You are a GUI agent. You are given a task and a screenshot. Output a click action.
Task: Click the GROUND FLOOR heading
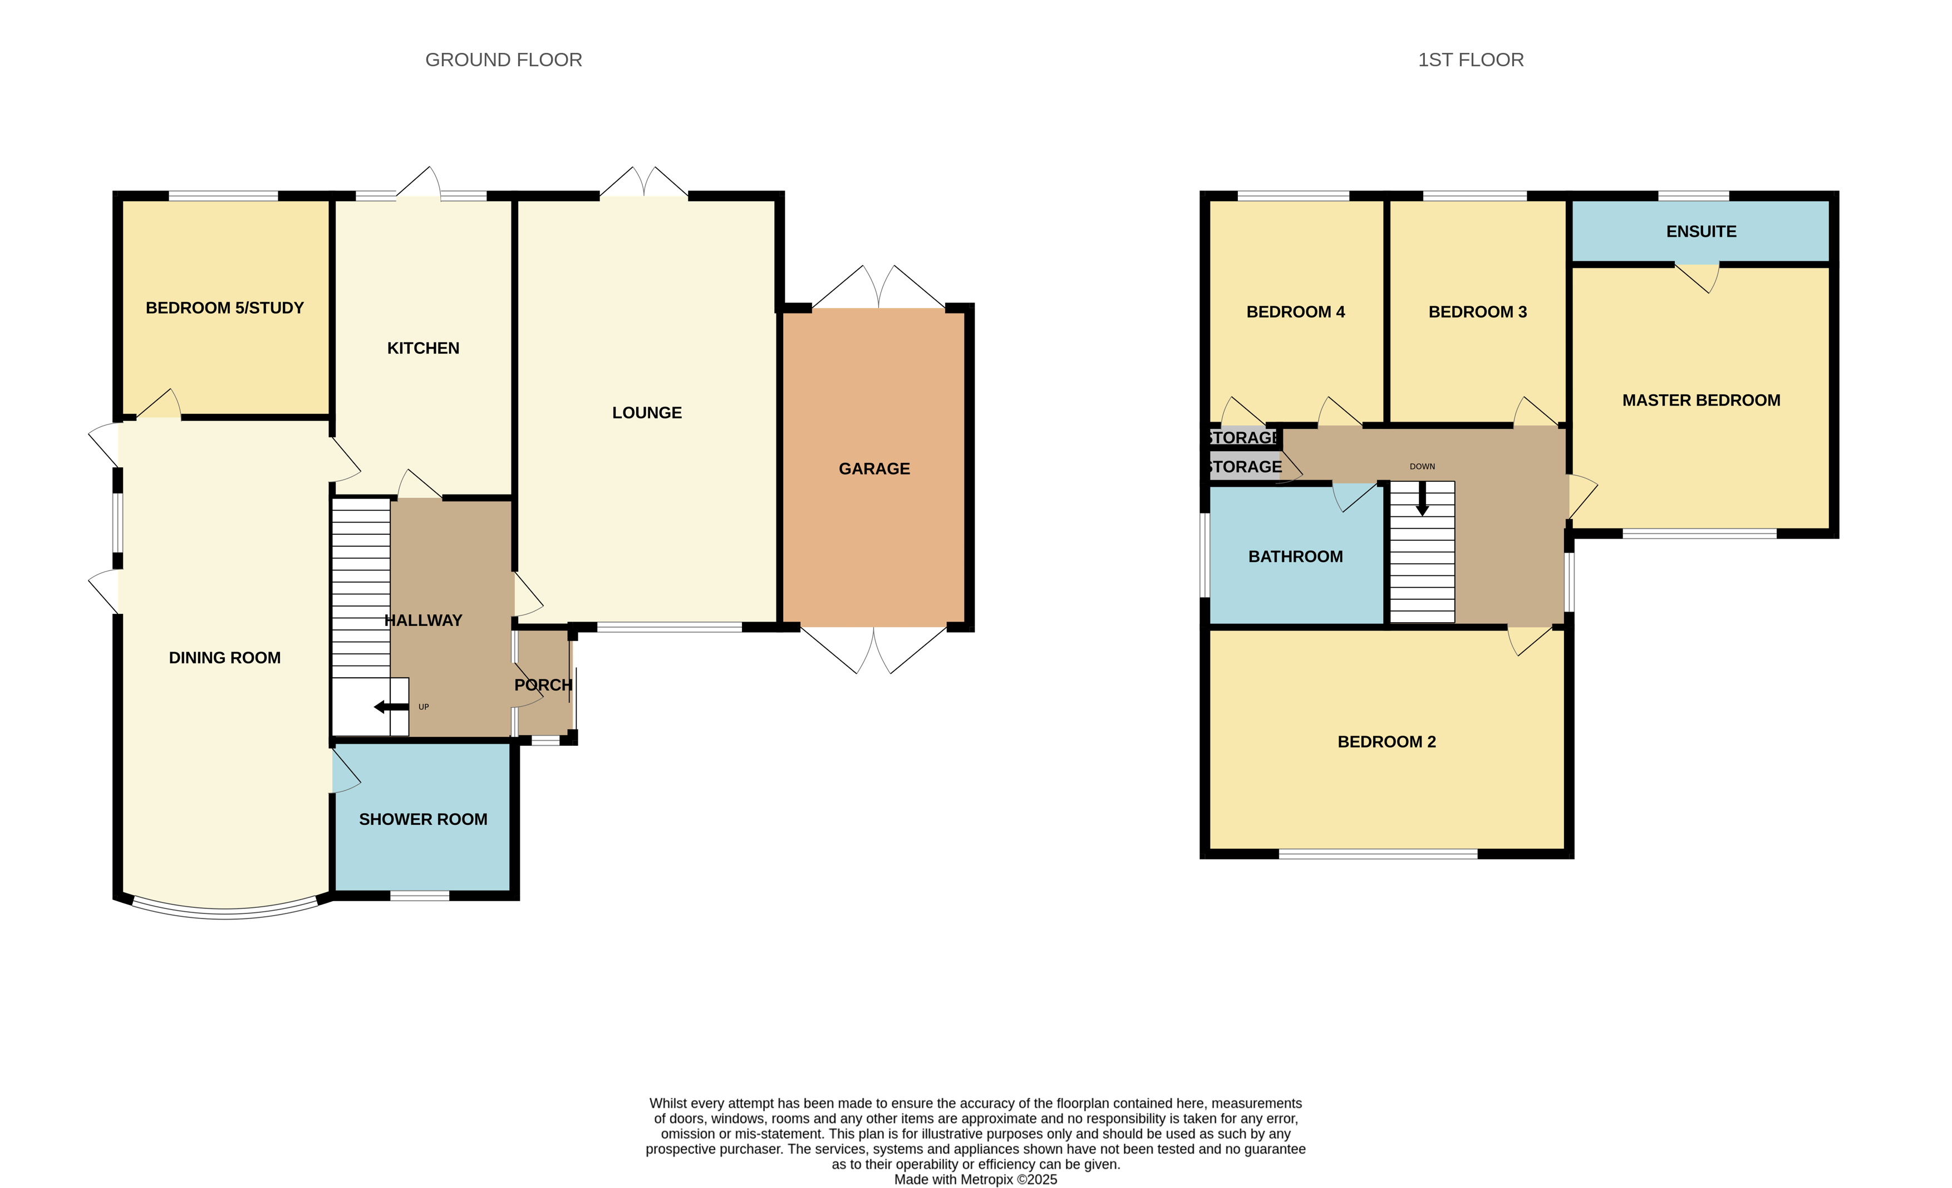pos(504,60)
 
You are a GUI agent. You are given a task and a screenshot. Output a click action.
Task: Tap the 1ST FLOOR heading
pos(1471,60)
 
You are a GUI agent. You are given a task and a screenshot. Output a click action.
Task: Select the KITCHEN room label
pos(423,348)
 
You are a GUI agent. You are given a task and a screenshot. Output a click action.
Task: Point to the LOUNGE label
pos(646,413)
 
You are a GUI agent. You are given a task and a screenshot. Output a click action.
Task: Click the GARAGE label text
pos(874,469)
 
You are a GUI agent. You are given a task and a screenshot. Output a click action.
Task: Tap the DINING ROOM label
pos(225,658)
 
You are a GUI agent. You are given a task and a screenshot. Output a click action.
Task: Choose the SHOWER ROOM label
pos(423,819)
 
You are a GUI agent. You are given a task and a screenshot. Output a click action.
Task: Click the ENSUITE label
pos(1701,232)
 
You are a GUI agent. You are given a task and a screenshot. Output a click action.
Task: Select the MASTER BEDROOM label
pos(1701,401)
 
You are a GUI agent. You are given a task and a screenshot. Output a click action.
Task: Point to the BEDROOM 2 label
pos(1386,742)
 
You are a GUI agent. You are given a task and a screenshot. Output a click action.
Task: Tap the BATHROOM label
pos(1295,557)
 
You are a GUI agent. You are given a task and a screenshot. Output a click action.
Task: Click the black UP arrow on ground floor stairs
pos(391,707)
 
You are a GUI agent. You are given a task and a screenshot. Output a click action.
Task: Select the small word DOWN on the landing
pos(1422,467)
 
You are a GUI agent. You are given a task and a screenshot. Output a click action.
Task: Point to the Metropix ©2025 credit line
pos(975,1179)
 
